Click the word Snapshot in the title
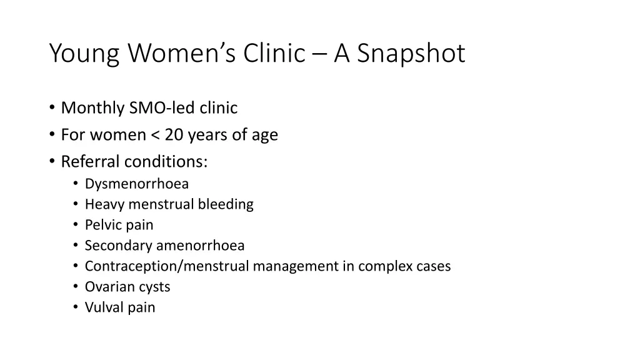[411, 54]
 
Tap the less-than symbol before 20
[155, 136]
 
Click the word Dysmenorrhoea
[136, 184]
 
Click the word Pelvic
[102, 225]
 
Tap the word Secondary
[118, 246]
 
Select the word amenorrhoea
[200, 246]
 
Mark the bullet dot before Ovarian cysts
[75, 287]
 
